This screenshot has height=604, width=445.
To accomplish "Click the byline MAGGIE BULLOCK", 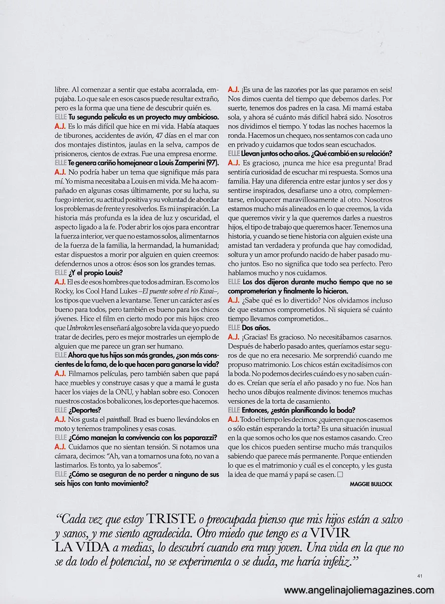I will [x=370, y=483].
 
